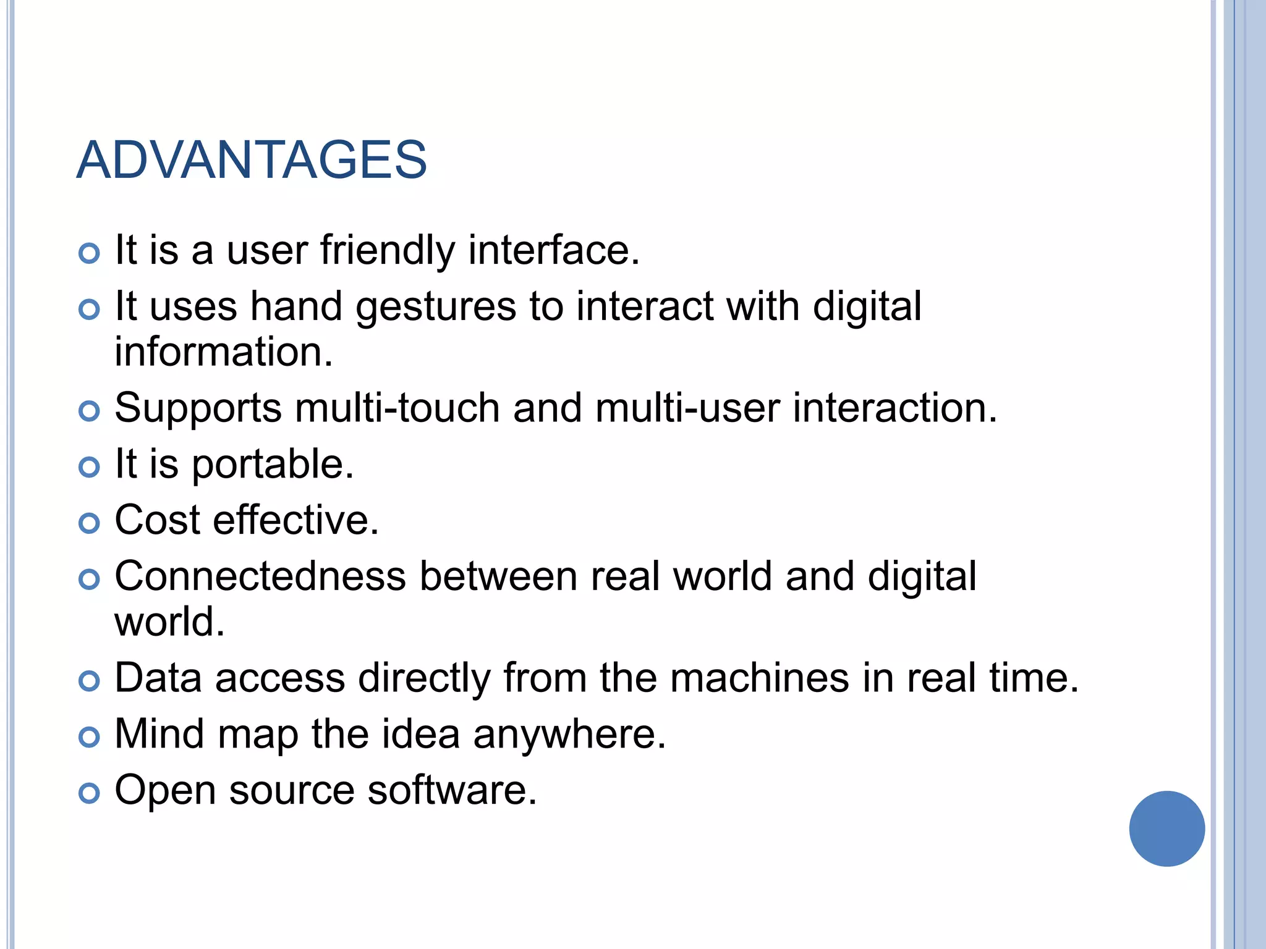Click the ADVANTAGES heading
coord(252,160)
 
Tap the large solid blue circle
coord(1166,829)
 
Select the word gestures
coord(436,307)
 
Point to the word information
coord(224,352)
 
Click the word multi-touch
coord(397,408)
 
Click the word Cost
coord(158,520)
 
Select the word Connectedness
coord(260,576)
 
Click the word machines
coord(760,678)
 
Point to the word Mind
coord(159,735)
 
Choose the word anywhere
coord(569,735)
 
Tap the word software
coord(452,790)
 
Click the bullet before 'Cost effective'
coord(90,523)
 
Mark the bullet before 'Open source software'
coord(90,793)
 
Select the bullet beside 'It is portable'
coord(90,467)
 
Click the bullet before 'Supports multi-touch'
coord(90,411)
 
